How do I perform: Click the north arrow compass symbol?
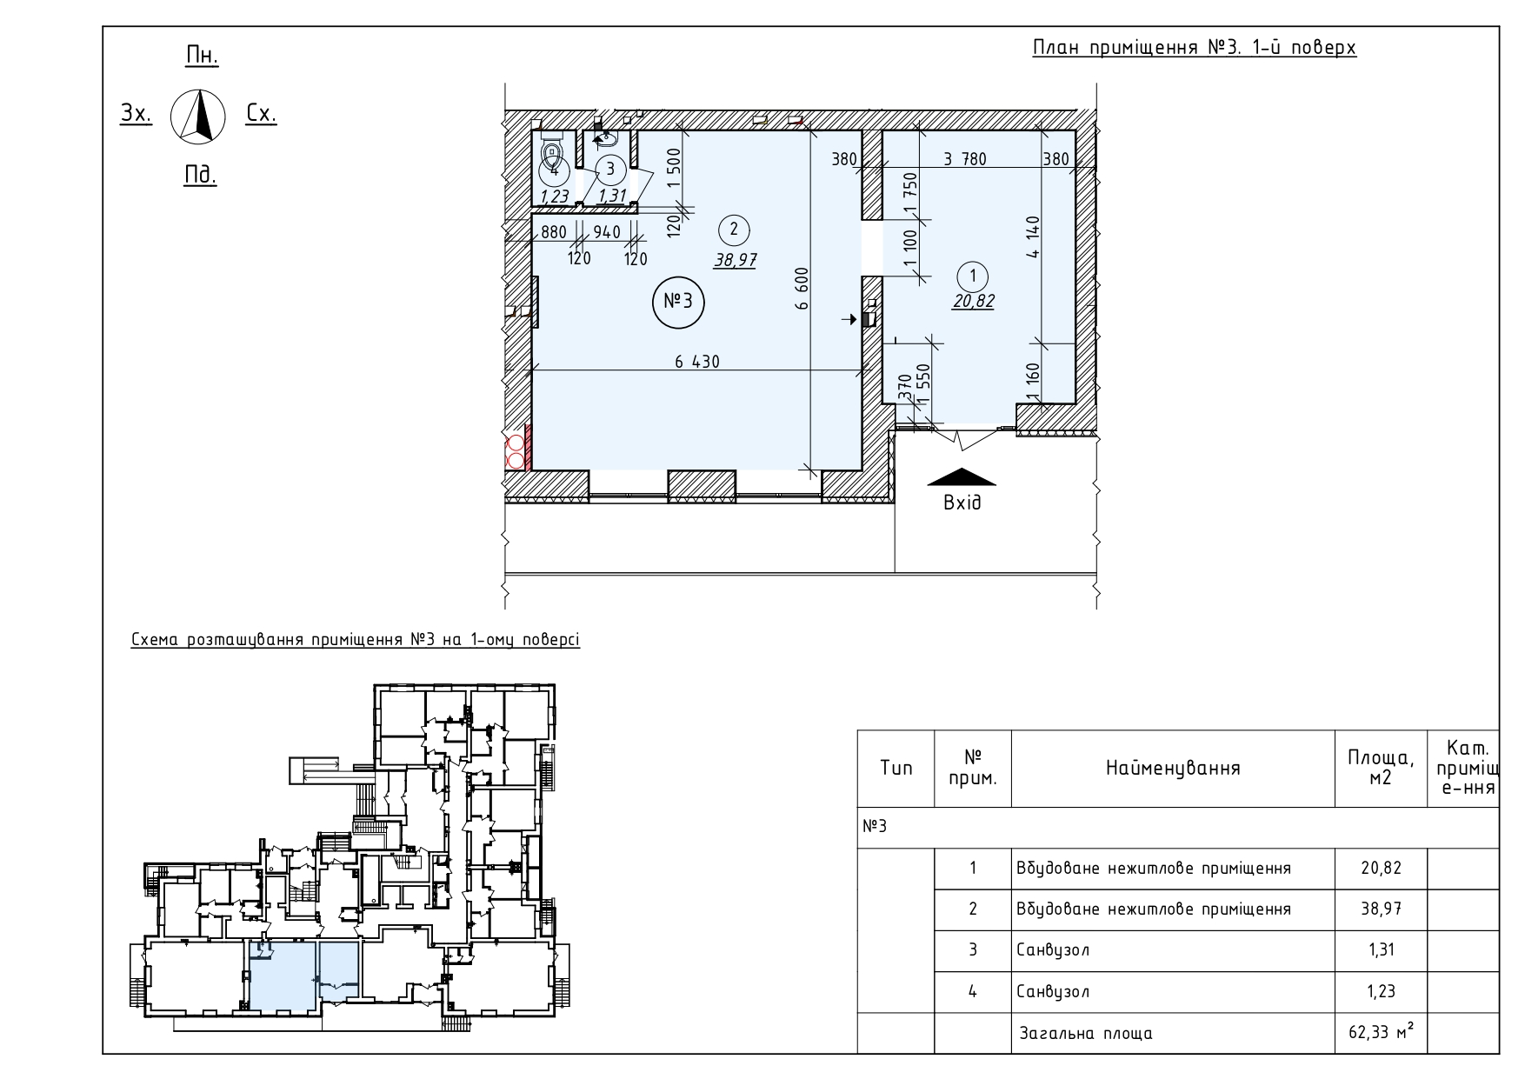click(x=198, y=116)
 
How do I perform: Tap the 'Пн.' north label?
click(x=203, y=57)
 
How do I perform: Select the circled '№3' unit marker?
click(x=678, y=303)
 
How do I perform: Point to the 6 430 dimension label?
click(x=697, y=362)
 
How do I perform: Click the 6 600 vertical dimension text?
click(x=802, y=289)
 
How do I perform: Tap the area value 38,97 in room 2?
click(x=735, y=259)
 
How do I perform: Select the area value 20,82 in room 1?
click(x=973, y=302)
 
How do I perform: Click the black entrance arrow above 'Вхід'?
click(x=962, y=477)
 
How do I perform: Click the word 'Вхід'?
click(x=962, y=503)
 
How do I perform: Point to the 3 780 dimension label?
click(x=964, y=159)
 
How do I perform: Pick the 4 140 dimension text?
click(x=1032, y=237)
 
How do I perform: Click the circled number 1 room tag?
click(x=973, y=276)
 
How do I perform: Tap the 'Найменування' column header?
click(x=1173, y=768)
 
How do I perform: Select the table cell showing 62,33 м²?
click(x=1381, y=1033)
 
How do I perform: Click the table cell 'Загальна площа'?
click(x=1086, y=1034)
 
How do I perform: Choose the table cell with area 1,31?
click(x=1381, y=949)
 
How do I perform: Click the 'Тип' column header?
click(x=896, y=768)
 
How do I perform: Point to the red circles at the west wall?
click(x=515, y=450)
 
